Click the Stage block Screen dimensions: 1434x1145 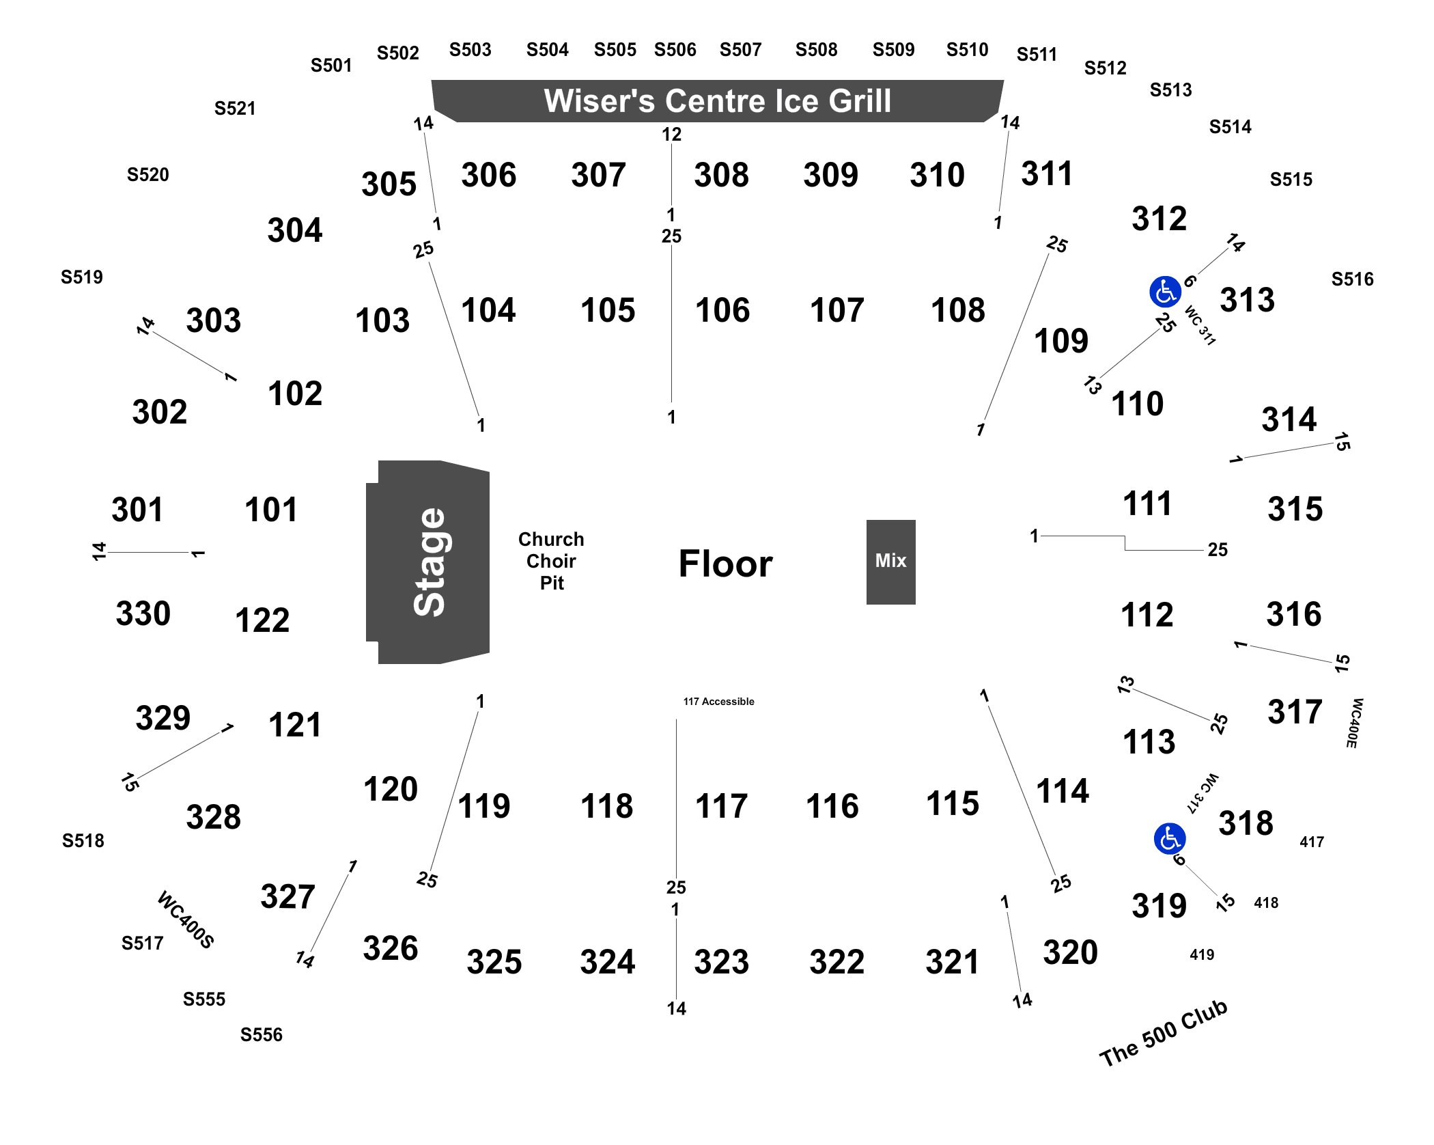(428, 562)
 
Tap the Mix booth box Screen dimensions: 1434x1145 (890, 562)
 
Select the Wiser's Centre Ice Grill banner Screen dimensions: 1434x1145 (717, 101)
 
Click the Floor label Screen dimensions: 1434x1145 (725, 564)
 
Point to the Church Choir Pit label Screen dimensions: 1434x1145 (551, 561)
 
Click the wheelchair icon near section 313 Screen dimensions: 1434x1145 (1165, 292)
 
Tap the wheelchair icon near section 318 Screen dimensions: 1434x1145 (1170, 838)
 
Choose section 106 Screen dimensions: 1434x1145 (722, 310)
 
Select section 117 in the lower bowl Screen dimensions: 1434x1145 (721, 806)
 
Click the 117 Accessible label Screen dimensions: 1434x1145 (718, 702)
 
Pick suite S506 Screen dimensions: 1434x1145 (675, 50)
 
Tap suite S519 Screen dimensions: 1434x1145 (82, 277)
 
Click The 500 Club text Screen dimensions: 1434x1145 (1164, 1034)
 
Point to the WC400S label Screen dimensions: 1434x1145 (186, 920)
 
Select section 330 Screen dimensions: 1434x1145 (143, 613)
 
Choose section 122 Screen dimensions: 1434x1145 (262, 620)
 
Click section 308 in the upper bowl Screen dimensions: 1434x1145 (721, 175)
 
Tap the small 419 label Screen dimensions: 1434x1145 (1202, 955)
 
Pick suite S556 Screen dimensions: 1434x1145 (261, 1035)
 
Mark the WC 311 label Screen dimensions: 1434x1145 (1200, 325)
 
